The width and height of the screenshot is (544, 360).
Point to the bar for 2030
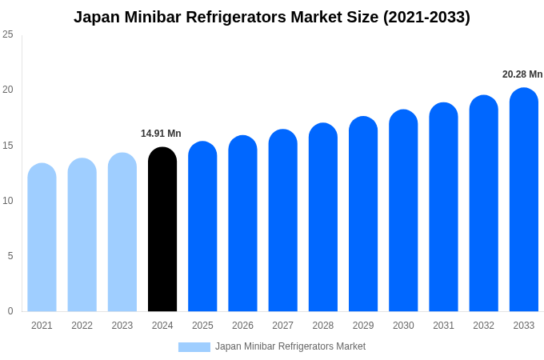tap(403, 211)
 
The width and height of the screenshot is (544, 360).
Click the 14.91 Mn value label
tap(161, 134)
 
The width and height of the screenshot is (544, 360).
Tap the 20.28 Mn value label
tap(522, 74)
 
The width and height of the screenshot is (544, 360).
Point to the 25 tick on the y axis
tap(8, 34)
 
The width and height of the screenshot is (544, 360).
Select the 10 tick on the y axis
tap(8, 201)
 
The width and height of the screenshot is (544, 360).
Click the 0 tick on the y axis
tap(10, 311)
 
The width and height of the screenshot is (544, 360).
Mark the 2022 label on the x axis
tap(82, 326)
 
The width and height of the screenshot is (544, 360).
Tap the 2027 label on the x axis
tap(282, 326)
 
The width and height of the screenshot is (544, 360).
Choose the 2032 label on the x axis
tap(483, 326)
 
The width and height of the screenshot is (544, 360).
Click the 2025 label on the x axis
tap(202, 326)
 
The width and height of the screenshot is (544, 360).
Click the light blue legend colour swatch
tap(194, 347)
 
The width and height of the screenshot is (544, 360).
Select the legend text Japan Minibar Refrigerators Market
tap(290, 346)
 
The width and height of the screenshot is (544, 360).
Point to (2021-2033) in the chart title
tap(426, 17)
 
